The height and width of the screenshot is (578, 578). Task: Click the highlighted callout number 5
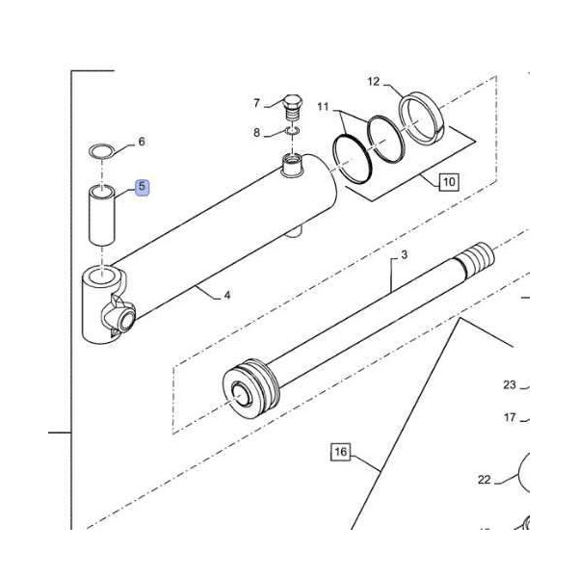(x=142, y=186)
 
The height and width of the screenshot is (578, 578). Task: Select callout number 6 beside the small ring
(x=142, y=142)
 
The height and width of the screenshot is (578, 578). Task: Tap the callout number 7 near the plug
(x=257, y=103)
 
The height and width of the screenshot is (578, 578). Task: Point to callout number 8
(x=257, y=132)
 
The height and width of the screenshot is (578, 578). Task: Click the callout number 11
(x=323, y=105)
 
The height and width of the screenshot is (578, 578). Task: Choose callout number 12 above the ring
(x=373, y=82)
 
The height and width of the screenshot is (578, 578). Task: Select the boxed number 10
(x=449, y=180)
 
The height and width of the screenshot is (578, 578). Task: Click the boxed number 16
(x=339, y=451)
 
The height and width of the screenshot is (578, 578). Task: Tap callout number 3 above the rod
(x=405, y=254)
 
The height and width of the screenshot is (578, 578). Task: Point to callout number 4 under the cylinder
(x=227, y=295)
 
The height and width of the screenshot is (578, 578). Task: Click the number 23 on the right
(x=510, y=385)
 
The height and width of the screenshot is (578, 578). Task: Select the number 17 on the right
(x=510, y=417)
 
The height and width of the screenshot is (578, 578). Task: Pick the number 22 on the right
(x=485, y=479)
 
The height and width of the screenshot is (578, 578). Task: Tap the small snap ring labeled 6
(x=100, y=150)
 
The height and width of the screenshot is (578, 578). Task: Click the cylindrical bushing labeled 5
(x=101, y=218)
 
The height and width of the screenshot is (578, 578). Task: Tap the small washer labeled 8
(x=293, y=130)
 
